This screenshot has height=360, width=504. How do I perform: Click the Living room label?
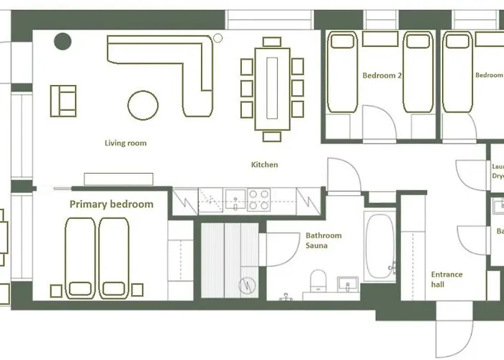[125, 143]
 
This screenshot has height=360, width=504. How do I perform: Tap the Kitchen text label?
[264, 165]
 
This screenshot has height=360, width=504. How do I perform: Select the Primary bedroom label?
[111, 204]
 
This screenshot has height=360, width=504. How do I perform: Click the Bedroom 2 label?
[382, 75]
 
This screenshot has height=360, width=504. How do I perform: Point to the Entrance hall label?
[446, 279]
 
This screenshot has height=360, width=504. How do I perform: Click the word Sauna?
[317, 246]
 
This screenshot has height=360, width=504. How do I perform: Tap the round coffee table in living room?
[143, 104]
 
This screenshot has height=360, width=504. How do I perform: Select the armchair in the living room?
[63, 100]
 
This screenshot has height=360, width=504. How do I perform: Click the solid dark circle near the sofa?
[63, 42]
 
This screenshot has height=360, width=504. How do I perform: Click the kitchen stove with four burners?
[258, 199]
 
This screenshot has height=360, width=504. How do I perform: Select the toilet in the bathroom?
[318, 280]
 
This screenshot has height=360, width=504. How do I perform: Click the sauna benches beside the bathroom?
[225, 259]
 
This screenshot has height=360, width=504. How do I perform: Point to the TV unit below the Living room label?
[119, 179]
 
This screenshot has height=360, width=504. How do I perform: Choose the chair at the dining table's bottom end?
[271, 135]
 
